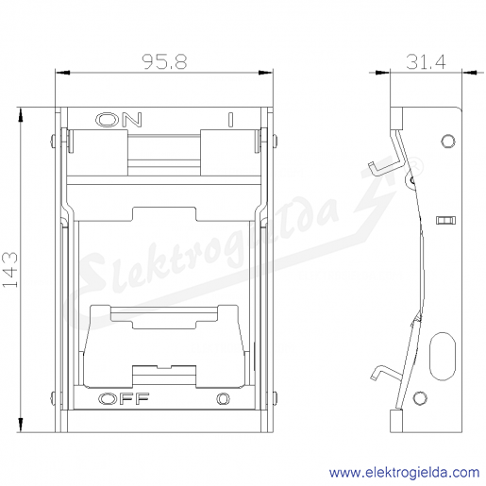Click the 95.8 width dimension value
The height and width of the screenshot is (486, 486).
tap(164, 61)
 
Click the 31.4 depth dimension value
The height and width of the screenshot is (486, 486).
tap(426, 61)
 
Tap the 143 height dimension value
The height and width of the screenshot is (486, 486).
tap(10, 269)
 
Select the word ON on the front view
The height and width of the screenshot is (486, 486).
tap(119, 120)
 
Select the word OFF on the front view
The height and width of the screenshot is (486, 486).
tap(124, 399)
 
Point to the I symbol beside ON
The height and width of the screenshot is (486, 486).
tap(230, 120)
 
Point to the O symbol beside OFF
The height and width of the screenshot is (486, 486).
tap(223, 399)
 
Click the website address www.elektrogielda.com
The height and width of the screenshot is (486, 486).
tap(405, 473)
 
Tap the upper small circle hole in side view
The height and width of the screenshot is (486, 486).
tap(448, 141)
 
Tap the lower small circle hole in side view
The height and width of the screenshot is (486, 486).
tap(420, 398)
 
